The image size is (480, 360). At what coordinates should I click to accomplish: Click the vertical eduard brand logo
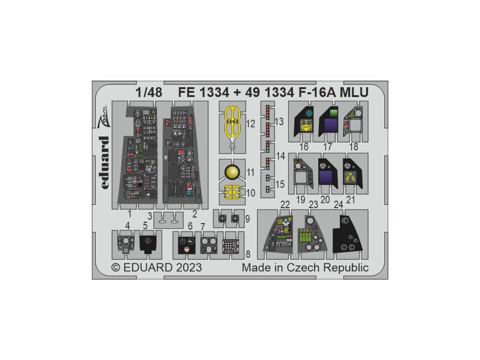pos(105,163)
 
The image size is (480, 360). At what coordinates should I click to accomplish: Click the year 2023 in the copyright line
pos(187,268)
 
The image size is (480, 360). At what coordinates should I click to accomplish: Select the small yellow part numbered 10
pos(230,192)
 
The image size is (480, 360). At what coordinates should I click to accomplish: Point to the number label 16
pos(304,147)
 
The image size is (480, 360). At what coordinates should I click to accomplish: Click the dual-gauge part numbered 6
pos(187,244)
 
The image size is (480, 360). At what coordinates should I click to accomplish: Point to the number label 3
pos(149,216)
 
